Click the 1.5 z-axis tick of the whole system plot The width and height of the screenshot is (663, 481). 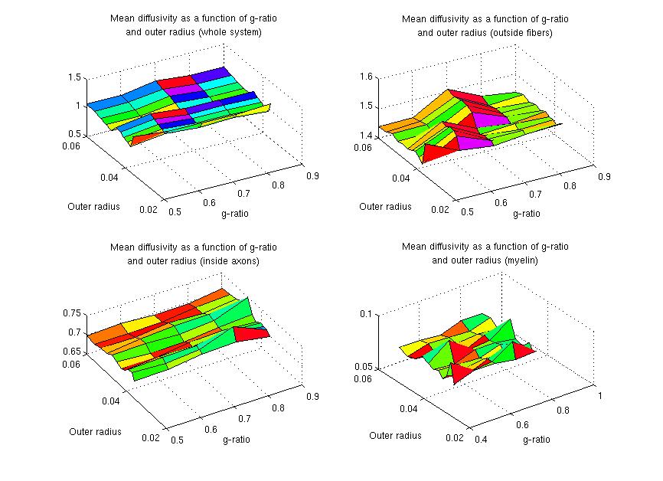74,77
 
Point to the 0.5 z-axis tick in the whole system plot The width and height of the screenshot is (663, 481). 74,135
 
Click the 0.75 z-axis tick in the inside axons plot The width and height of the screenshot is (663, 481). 71,314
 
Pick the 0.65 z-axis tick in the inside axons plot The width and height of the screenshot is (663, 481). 71,352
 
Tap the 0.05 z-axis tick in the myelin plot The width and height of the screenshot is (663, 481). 364,368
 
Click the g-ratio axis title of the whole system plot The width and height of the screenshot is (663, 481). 236,214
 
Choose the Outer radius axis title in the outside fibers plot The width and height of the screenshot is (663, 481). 385,206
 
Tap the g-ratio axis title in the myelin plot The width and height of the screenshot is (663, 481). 536,440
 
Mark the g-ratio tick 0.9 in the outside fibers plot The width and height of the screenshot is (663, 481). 603,177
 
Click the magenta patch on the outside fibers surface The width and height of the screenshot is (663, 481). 485,120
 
